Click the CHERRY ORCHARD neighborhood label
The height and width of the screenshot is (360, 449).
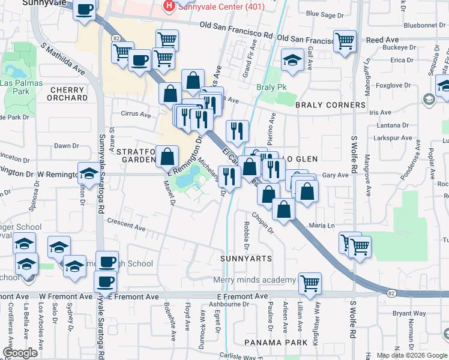pyautogui.click(x=66, y=94)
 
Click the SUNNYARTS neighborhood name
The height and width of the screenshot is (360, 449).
pyautogui.click(x=246, y=259)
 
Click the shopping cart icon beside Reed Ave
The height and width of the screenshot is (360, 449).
pyautogui.click(x=345, y=42)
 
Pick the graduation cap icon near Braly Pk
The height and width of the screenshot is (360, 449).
pyautogui.click(x=292, y=60)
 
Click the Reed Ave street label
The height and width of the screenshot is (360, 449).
pyautogui.click(x=382, y=40)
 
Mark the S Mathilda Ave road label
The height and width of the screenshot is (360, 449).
pyautogui.click(x=62, y=59)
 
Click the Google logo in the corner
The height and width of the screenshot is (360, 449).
pyautogui.click(x=20, y=353)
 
